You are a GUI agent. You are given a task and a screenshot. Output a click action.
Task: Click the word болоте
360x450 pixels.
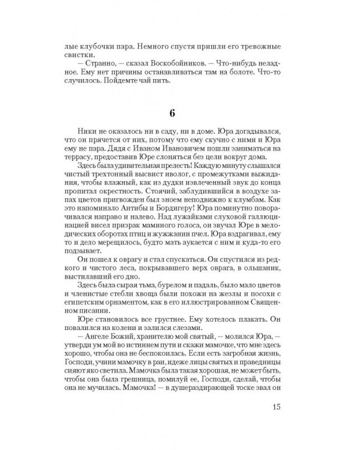(x=221, y=73)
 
